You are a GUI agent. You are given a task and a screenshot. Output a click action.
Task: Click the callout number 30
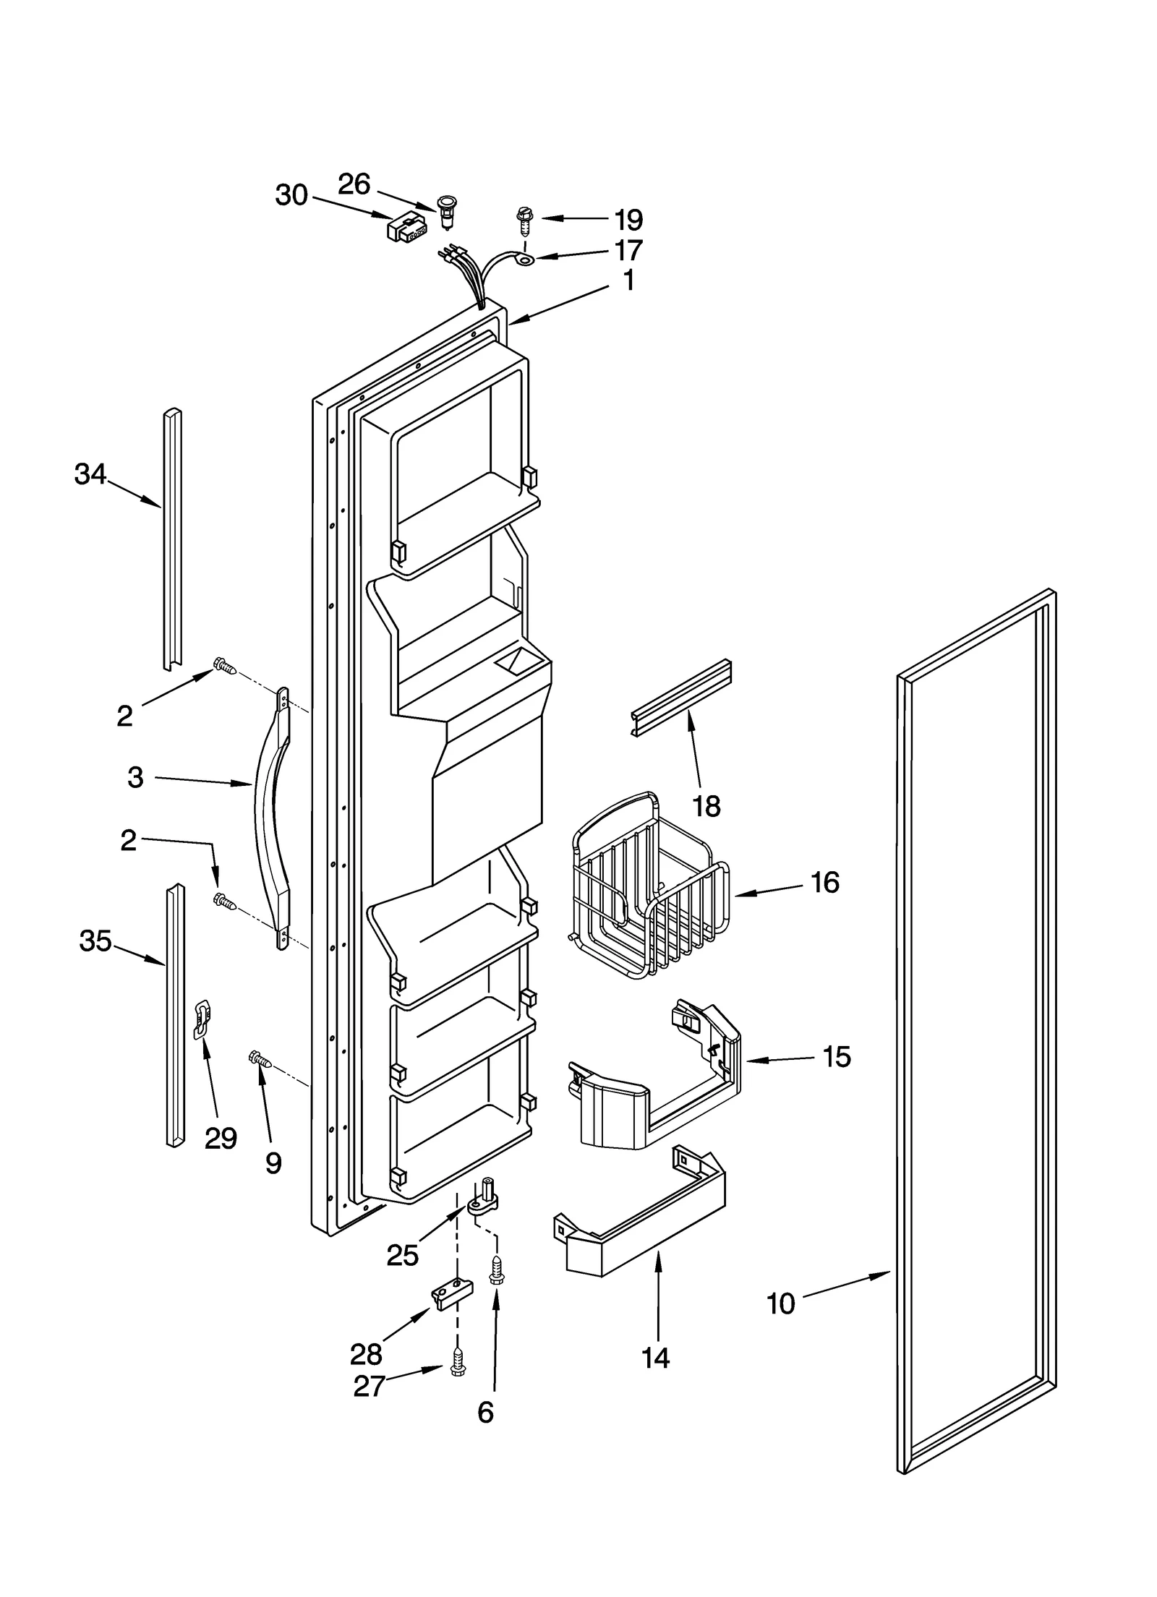click(291, 195)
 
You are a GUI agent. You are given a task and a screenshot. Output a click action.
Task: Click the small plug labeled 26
click(448, 210)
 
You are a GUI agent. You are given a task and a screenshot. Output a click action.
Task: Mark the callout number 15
click(837, 1056)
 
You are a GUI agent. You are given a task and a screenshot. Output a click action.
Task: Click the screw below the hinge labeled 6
click(497, 1272)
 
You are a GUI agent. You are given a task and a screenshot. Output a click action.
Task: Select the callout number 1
click(628, 280)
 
